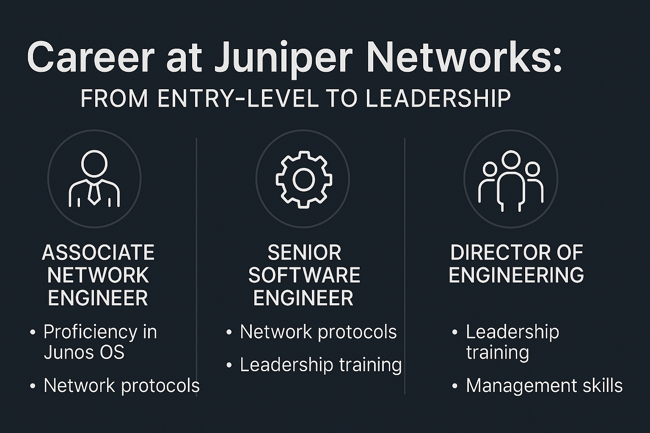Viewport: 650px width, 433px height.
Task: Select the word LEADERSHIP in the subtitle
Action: click(x=438, y=99)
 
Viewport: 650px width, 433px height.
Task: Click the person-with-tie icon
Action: click(x=94, y=178)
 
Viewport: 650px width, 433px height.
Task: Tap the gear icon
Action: click(x=303, y=179)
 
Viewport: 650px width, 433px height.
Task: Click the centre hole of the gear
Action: click(x=303, y=179)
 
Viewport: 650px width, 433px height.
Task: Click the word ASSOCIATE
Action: click(x=98, y=253)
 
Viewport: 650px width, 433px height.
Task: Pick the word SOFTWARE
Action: click(x=304, y=275)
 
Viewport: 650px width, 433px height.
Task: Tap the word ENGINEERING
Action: click(x=516, y=275)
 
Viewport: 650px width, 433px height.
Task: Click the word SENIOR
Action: click(x=304, y=253)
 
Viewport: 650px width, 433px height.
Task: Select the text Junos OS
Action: click(x=84, y=352)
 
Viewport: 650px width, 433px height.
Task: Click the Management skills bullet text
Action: click(x=544, y=386)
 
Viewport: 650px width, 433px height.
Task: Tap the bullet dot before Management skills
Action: click(x=455, y=386)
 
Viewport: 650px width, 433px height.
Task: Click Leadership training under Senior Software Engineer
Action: click(x=320, y=364)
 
